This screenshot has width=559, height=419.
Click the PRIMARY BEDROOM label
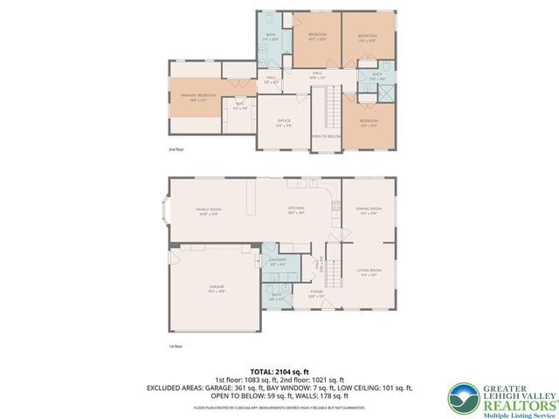pos(198,94)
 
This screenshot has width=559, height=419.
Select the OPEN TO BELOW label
pos(325,136)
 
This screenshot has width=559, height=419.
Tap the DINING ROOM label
pos(369,209)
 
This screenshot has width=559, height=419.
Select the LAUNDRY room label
pos(278,260)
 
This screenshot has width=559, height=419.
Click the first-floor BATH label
pos(276,295)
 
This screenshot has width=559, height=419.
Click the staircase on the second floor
pos(332,110)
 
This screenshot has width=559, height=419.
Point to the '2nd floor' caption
pos(176,149)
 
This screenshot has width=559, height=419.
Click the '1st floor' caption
pos(176,346)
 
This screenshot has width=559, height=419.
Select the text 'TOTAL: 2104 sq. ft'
pos(279,371)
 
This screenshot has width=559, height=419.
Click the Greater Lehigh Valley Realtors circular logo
pos(462,398)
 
